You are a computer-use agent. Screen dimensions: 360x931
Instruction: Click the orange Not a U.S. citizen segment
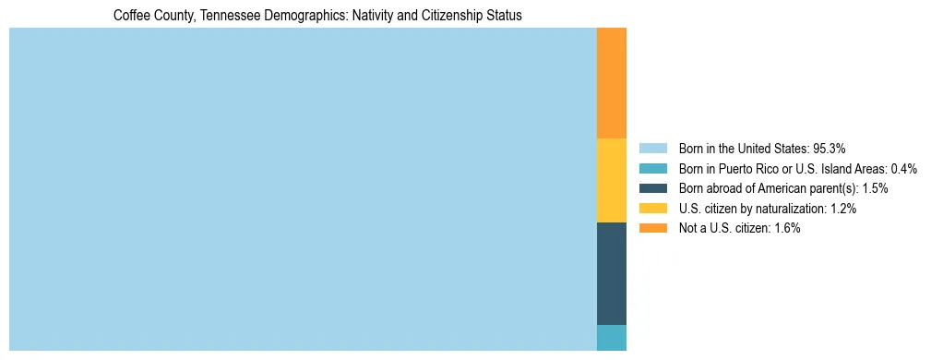[612, 83]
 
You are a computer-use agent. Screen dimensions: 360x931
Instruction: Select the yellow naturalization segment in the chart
[612, 180]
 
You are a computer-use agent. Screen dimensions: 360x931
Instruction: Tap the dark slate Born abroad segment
[612, 273]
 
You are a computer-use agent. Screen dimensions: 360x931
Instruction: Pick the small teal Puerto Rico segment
[612, 337]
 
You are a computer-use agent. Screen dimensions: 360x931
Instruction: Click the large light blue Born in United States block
[303, 189]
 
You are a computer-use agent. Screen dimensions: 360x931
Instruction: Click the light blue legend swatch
[652, 148]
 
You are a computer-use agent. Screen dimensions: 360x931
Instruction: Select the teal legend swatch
[652, 168]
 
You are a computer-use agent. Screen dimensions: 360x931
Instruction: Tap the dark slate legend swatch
[652, 188]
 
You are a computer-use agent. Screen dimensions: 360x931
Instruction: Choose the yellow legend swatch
[652, 208]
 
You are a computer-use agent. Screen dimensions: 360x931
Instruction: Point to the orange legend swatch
[652, 228]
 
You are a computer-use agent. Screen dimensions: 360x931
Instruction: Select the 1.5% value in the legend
[875, 188]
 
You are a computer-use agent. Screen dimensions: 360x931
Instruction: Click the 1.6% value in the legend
[785, 228]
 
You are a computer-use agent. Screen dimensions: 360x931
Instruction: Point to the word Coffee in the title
[129, 16]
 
